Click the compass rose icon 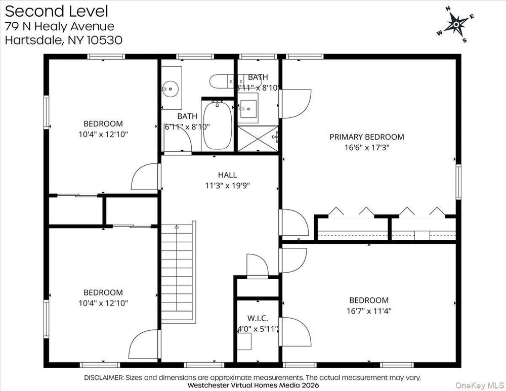click(456, 24)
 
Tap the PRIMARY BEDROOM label click(366, 137)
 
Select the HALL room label click(228, 175)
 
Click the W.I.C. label click(258, 318)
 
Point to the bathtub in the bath click(218, 125)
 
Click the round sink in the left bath click(170, 88)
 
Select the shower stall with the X click(258, 139)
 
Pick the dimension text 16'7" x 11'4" click(369, 311)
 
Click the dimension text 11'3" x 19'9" click(228, 186)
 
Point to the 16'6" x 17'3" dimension click(367, 147)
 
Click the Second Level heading click(57, 11)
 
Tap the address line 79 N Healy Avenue click(60, 26)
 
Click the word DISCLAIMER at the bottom click(104, 377)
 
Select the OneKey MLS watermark click(480, 385)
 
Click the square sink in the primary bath click(248, 108)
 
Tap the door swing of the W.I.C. click(258, 266)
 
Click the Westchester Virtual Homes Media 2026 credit click(253, 385)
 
